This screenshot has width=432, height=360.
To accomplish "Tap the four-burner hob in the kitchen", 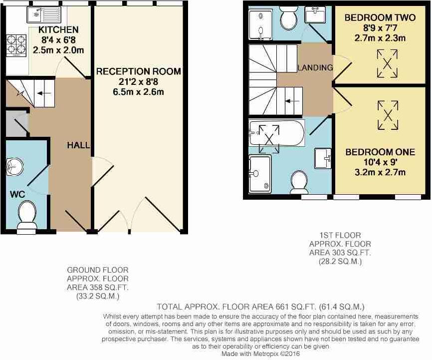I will [x=16, y=44].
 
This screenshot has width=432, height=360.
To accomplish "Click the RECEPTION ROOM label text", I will [x=138, y=72].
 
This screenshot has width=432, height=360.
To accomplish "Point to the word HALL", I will [x=79, y=145].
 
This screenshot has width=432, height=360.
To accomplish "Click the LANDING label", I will [x=315, y=67].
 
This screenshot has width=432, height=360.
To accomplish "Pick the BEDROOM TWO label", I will [x=380, y=18].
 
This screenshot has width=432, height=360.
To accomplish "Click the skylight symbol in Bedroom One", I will [x=388, y=113].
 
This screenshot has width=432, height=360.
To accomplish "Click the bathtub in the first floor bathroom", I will [x=275, y=133].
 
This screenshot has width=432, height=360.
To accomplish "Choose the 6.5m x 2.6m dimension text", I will [x=138, y=92].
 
